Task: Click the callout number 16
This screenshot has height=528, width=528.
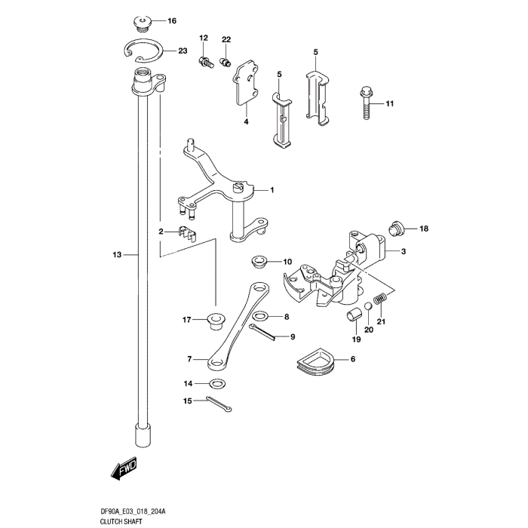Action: (x=171, y=20)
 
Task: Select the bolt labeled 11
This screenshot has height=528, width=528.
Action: (x=365, y=101)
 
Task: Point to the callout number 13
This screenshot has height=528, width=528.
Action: (x=117, y=256)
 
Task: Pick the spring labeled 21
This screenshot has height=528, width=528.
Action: (x=382, y=300)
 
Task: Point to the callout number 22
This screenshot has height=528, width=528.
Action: (x=226, y=38)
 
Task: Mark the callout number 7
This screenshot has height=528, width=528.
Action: (x=190, y=360)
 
